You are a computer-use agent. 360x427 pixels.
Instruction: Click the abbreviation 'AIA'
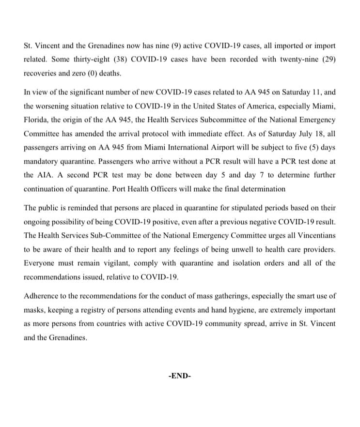coord(44,175)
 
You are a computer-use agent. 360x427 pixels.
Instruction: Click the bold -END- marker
coord(179,376)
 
